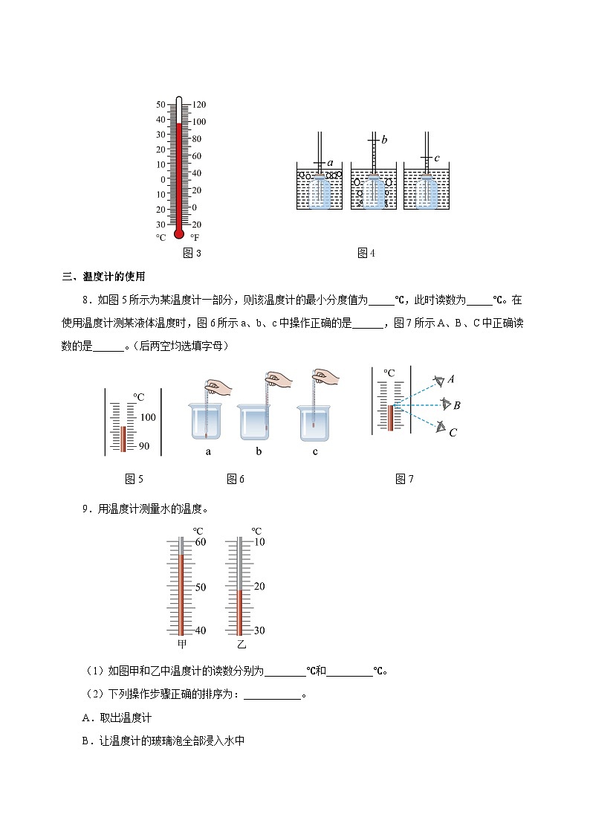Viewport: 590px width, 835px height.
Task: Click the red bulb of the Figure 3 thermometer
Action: click(178, 233)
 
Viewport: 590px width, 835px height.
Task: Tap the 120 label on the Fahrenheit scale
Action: click(199, 104)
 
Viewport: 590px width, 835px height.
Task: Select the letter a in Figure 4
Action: click(330, 163)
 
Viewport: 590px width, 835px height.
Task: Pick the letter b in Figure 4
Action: click(384, 139)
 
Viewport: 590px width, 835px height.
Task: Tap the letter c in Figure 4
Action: click(437, 158)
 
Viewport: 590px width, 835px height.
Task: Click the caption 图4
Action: click(366, 253)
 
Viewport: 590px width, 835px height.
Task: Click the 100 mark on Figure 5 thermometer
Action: click(147, 417)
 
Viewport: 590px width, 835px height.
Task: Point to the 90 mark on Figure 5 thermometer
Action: click(144, 446)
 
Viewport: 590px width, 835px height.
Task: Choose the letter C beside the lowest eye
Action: click(453, 432)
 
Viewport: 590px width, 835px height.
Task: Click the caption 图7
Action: click(405, 479)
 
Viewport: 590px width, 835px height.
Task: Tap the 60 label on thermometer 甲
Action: click(200, 542)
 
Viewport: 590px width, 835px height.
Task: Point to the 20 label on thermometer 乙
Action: click(259, 587)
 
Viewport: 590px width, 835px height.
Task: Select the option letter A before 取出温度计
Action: click(86, 718)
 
